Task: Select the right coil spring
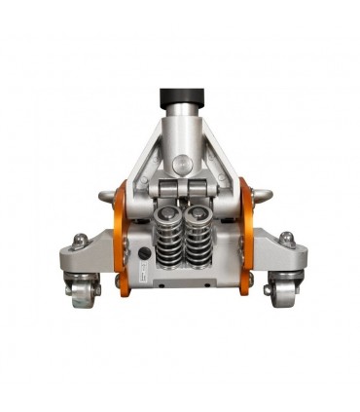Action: (202, 240)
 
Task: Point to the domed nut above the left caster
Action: (80, 240)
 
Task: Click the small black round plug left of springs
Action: (144, 250)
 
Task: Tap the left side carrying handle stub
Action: (105, 198)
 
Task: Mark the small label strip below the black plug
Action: (142, 276)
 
